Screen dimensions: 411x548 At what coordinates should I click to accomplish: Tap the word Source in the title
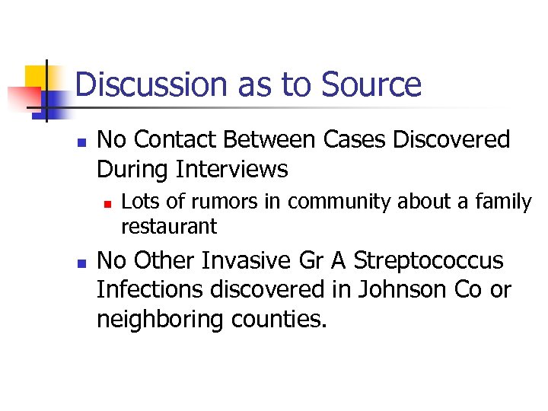(371, 84)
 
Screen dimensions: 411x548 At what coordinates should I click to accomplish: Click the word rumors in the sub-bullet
(212, 202)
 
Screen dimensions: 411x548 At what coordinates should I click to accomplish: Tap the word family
(505, 202)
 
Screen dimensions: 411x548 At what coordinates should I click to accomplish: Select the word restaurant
(169, 226)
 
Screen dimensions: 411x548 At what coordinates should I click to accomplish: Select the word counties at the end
(276, 319)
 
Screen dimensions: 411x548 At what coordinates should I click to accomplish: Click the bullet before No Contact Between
(81, 142)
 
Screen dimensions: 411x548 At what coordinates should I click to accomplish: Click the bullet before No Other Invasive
(81, 262)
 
